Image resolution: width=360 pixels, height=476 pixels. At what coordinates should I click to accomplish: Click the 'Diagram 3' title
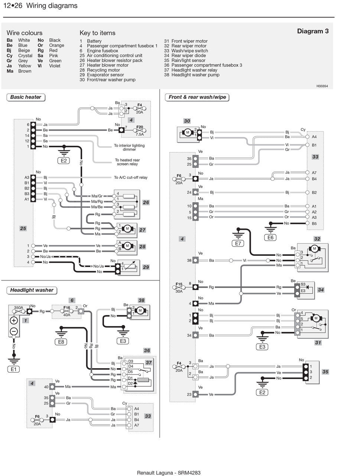312,31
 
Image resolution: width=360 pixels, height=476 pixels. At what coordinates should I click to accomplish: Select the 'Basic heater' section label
26,97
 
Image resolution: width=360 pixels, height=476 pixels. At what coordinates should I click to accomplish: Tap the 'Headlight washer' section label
32,290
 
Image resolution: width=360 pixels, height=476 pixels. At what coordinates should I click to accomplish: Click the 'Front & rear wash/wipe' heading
197,97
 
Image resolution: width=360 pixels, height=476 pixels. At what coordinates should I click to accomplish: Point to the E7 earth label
238,244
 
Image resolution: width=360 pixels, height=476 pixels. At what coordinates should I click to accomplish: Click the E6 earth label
270,238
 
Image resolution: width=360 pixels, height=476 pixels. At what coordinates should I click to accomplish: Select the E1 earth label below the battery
13,369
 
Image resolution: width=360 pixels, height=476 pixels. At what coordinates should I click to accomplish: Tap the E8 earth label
61,342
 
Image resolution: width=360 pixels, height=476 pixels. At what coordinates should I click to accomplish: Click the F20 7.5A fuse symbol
139,131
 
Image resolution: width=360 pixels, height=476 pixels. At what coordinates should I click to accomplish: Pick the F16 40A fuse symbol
67,311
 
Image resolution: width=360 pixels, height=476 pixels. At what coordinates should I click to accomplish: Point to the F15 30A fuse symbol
179,287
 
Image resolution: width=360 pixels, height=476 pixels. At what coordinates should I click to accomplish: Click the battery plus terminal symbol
14,321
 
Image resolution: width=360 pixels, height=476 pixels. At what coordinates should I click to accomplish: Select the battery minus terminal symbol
14,331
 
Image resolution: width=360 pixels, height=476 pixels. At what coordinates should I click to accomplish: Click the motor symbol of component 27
127,228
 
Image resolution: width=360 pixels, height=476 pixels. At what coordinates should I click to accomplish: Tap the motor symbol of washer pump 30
188,132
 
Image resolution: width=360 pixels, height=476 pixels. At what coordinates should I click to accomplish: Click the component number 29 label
146,267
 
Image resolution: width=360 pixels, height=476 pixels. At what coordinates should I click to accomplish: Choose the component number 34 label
321,290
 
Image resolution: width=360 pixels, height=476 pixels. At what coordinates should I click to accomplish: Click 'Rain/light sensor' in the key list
188,60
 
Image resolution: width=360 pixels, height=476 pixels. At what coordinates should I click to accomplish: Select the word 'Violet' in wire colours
55,66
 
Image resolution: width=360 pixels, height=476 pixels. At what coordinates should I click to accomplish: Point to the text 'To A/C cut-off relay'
131,177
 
